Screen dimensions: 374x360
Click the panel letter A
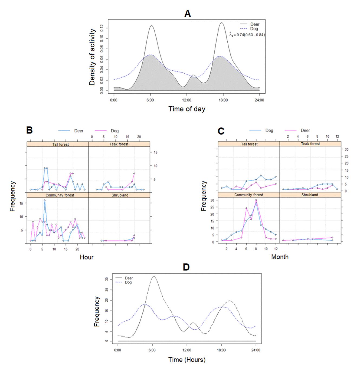point(187,14)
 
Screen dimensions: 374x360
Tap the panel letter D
point(186,267)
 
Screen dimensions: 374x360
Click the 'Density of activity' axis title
point(92,57)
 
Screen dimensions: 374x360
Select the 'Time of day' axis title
point(187,109)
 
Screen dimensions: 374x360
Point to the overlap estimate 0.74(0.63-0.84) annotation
point(247,35)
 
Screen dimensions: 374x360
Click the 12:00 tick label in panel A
point(187,100)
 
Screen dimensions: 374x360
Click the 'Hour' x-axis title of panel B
point(87,257)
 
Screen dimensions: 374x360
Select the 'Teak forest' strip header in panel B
point(119,144)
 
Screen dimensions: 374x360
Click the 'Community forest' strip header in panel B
point(60,195)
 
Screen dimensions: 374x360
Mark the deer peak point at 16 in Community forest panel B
point(45,200)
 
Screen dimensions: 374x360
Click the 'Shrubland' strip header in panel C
point(310,195)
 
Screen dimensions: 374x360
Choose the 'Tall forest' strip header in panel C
point(249,144)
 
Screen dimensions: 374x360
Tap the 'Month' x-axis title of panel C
point(280,257)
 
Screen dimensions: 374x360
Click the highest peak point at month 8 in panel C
point(256,200)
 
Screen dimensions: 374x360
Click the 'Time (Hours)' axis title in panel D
point(187,360)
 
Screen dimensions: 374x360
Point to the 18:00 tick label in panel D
point(221,350)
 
